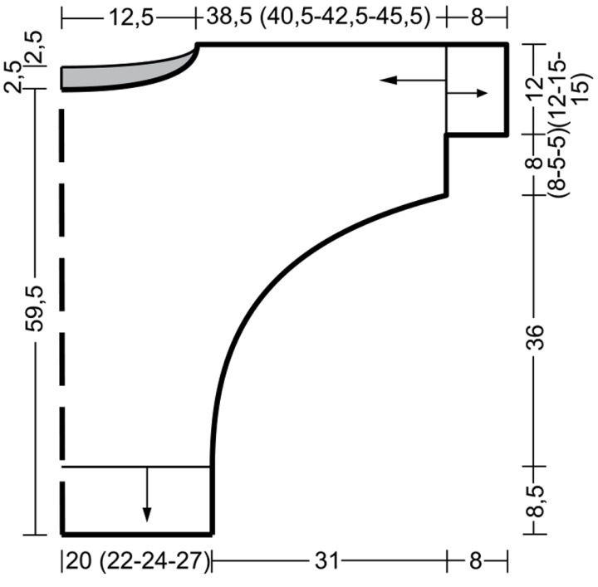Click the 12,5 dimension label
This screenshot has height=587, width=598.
[131, 17]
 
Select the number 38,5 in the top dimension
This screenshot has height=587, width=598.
[229, 17]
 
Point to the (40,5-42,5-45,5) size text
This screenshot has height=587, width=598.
[345, 17]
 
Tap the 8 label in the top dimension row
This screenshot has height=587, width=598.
[477, 17]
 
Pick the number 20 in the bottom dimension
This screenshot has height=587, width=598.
[79, 561]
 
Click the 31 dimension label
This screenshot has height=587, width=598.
[326, 561]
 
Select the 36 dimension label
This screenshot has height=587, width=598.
[535, 337]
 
